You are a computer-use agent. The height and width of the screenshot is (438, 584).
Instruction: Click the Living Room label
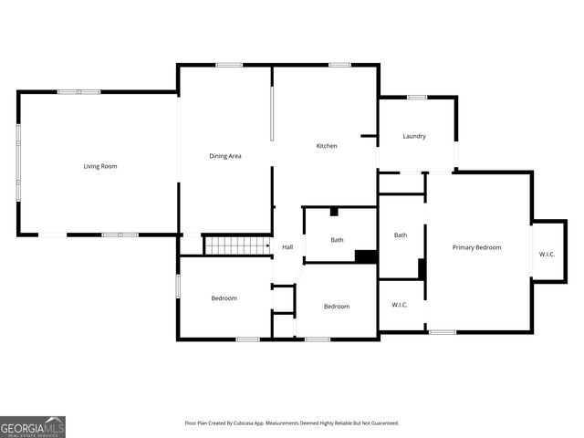tap(100, 166)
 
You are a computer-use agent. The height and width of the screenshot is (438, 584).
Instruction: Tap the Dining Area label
tap(225, 156)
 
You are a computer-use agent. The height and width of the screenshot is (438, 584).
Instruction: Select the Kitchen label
tap(327, 146)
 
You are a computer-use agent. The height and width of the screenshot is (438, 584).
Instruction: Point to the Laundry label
tap(414, 137)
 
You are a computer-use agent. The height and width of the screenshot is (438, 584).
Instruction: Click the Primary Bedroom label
tap(477, 247)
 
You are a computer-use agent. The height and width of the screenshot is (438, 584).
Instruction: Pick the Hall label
tap(287, 247)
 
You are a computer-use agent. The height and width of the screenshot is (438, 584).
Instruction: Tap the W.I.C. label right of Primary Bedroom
tap(547, 254)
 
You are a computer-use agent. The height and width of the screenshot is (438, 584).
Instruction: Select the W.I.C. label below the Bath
tap(400, 305)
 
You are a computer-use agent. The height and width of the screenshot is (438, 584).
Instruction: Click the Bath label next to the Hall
tap(337, 240)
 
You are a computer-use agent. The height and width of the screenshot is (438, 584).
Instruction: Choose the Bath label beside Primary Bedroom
tap(401, 235)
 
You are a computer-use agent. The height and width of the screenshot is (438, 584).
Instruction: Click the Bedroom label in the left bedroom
tap(224, 298)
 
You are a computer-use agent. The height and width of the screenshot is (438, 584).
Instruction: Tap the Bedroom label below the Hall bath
tap(337, 306)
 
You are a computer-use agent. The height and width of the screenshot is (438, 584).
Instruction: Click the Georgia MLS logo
tap(33, 426)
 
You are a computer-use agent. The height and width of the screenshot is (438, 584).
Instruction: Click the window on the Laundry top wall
tap(417, 97)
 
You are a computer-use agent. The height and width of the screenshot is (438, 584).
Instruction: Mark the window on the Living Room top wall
tap(78, 91)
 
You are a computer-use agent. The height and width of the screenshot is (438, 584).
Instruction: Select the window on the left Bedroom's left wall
tap(179, 285)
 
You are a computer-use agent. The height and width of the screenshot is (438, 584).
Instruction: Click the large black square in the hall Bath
tap(366, 256)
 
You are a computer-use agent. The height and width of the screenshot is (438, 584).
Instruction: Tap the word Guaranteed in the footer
tap(381, 423)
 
